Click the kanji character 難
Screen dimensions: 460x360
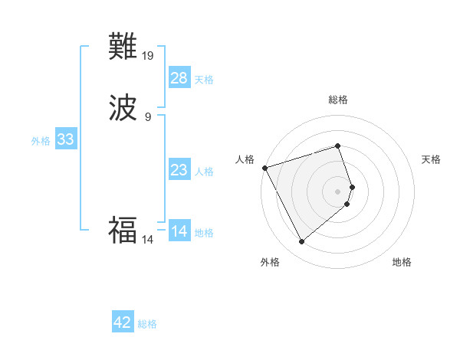tap(123, 47)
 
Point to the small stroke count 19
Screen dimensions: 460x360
tap(149, 55)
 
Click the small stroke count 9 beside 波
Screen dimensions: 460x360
tap(148, 116)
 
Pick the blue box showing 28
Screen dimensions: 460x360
tap(179, 78)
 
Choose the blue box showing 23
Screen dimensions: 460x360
tap(179, 170)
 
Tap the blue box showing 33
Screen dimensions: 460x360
tap(65, 139)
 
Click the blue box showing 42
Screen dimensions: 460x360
tap(123, 322)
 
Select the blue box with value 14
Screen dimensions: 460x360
tap(179, 231)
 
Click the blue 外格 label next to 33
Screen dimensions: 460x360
tap(41, 141)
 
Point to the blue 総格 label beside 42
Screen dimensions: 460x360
tap(147, 324)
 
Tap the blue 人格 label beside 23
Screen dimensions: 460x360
tap(205, 172)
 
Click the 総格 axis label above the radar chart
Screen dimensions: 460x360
tap(338, 100)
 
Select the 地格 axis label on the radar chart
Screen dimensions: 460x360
tap(402, 262)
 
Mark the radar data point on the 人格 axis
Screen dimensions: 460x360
tap(264, 167)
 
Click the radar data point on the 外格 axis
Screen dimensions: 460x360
tap(301, 242)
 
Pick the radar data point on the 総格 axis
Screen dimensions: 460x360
tap(338, 146)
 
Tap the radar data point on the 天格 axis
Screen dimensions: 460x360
tap(352, 186)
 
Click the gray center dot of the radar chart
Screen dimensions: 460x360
tap(338, 191)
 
